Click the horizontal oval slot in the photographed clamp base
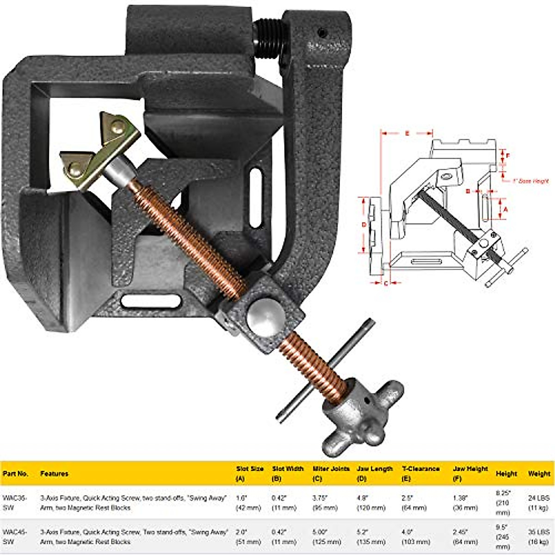(150, 301)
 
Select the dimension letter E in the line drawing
(407, 133)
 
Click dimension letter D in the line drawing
(364, 225)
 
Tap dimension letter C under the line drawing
(386, 283)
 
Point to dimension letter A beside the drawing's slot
(506, 209)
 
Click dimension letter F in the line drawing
(507, 156)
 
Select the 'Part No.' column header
(16, 474)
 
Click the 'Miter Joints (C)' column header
(331, 474)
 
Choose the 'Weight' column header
(539, 474)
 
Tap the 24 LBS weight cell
(539, 503)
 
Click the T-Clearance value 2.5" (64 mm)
(414, 503)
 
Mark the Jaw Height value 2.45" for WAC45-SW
(465, 536)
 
